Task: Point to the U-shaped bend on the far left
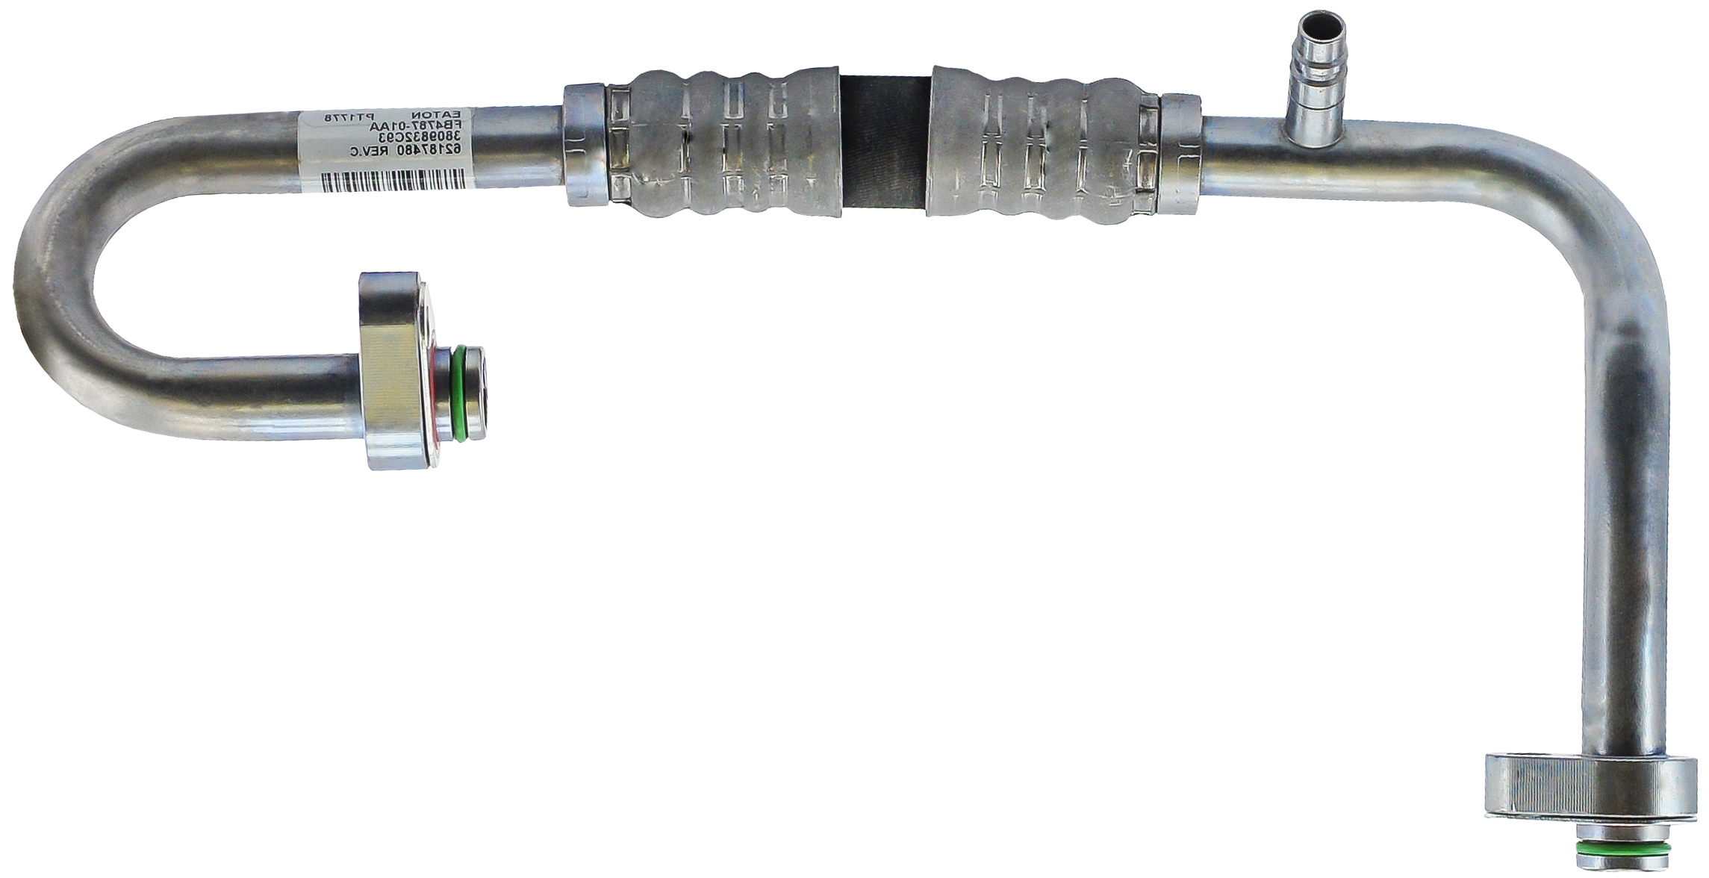point(56,284)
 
